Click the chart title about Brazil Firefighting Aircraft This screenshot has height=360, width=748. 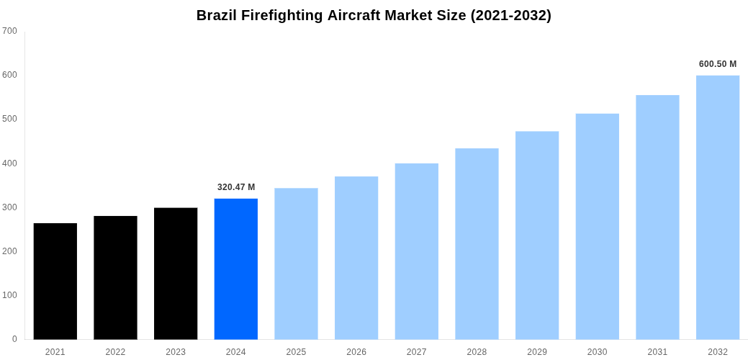point(374,15)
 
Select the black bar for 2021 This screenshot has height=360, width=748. point(55,282)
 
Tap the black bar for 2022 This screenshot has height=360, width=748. point(115,278)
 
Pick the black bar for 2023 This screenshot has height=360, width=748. point(176,274)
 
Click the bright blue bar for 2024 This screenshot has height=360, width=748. point(236,269)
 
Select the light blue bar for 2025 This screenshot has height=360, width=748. point(296,264)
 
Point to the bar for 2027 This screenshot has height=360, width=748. point(417,251)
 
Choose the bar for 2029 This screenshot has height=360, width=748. point(537,235)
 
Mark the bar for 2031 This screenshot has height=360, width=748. point(657,217)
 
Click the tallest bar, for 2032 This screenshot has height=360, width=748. point(718,207)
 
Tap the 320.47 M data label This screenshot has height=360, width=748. point(236,187)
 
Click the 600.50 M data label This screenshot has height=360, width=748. point(718,64)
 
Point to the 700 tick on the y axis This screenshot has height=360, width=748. point(10,31)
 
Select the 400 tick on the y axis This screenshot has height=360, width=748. point(10,163)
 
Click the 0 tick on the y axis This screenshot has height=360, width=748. point(14,339)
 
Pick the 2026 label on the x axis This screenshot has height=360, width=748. point(356,352)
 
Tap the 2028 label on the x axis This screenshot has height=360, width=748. point(477,352)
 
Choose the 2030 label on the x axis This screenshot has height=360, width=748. point(597,352)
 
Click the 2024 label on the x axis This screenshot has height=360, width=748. point(236,352)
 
